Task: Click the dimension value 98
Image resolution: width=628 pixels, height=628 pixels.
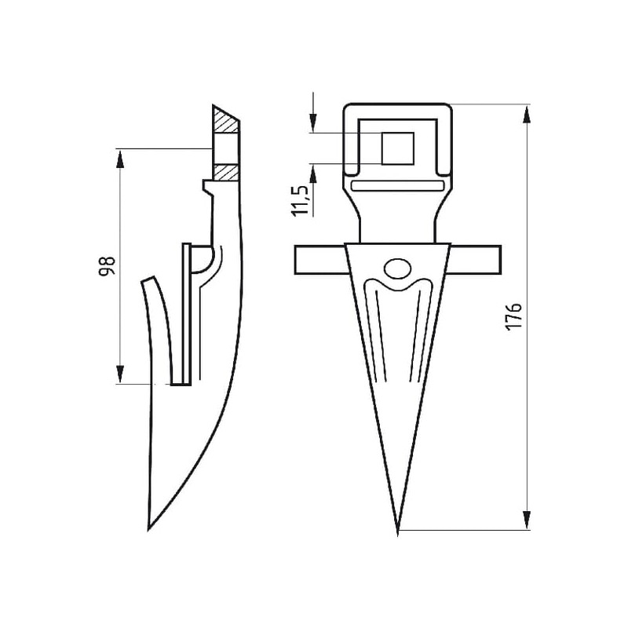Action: pyautogui.click(x=108, y=266)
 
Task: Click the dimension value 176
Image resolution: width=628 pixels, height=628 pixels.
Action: pyautogui.click(x=514, y=316)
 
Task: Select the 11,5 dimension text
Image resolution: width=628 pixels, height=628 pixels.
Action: pyautogui.click(x=301, y=201)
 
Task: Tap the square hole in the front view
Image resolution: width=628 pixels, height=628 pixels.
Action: pyautogui.click(x=397, y=148)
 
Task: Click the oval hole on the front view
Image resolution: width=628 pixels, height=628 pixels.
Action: pyautogui.click(x=397, y=268)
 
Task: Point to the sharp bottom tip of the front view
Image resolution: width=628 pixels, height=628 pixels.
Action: pyautogui.click(x=398, y=535)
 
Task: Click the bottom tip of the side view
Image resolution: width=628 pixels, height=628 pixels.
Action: pyautogui.click(x=148, y=529)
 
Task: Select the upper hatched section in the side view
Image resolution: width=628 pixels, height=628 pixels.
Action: pyautogui.click(x=225, y=119)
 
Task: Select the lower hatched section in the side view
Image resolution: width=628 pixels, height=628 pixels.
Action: pyautogui.click(x=226, y=171)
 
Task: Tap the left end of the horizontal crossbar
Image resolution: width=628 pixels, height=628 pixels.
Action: pyautogui.click(x=295, y=260)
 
